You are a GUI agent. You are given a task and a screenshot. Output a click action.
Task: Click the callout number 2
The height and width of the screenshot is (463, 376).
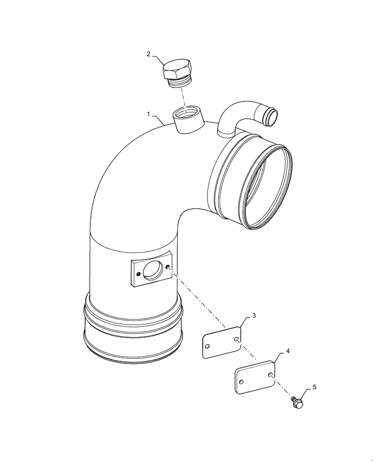coord(148,54)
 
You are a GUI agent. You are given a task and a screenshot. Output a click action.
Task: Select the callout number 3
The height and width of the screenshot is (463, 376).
coord(253,316)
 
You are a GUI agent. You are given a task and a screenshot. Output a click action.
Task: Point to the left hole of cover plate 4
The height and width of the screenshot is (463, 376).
coord(241,382)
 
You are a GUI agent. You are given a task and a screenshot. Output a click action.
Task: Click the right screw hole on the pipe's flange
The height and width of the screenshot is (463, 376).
coord(167,266)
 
